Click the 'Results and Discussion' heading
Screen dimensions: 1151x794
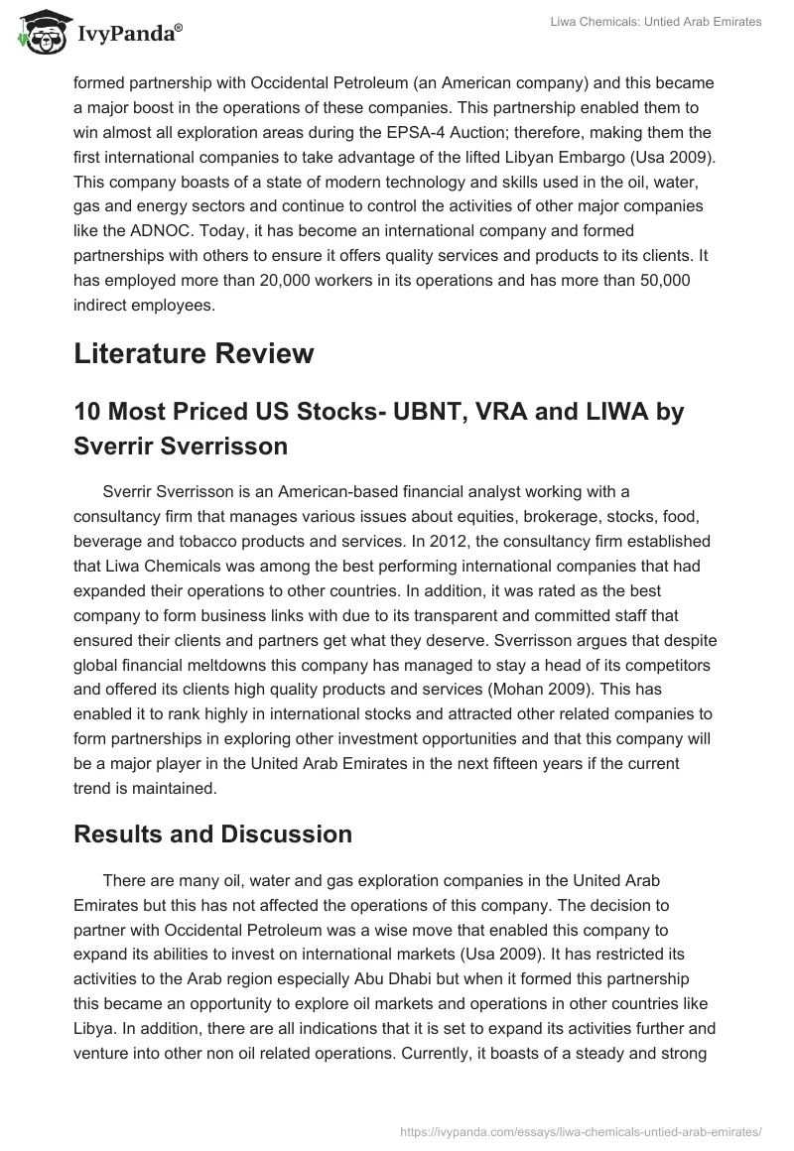(x=212, y=834)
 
